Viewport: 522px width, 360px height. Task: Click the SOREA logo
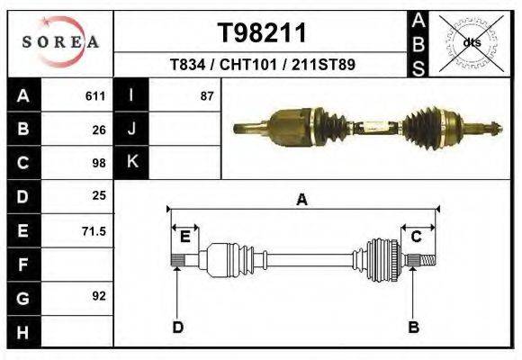59,42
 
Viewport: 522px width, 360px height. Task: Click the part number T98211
262,32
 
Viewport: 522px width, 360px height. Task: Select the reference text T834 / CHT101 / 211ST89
262,66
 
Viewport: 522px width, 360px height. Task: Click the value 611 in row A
95,95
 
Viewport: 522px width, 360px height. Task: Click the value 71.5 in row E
94,230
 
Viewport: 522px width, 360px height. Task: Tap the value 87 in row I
207,95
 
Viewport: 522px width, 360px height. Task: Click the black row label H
22,331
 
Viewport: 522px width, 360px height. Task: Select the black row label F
22,265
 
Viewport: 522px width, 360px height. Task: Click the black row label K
132,162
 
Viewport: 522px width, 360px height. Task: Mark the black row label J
132,129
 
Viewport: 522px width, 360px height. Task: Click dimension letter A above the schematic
301,200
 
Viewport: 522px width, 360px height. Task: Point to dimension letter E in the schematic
184,237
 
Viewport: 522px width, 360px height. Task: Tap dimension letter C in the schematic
417,237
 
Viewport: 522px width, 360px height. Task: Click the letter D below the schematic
177,327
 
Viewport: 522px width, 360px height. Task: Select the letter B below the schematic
414,327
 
